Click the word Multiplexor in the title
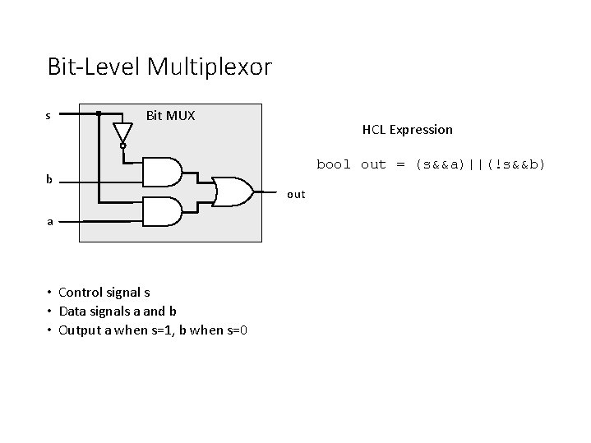coord(209,67)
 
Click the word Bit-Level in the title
coord(94,67)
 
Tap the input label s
coord(48,115)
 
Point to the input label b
coord(49,179)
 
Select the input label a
coord(49,220)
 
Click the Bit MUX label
coord(170,115)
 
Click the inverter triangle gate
coord(122,132)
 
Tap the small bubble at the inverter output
coord(122,146)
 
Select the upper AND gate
coord(162,170)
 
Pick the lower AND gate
coord(162,211)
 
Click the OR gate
coord(233,191)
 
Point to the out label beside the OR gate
coord(296,195)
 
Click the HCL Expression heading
coord(407,130)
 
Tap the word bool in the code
coord(334,164)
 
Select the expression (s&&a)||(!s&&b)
coord(480,164)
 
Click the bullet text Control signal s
coord(104,292)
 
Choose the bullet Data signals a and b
coord(117,311)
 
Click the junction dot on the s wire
coord(99,113)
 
